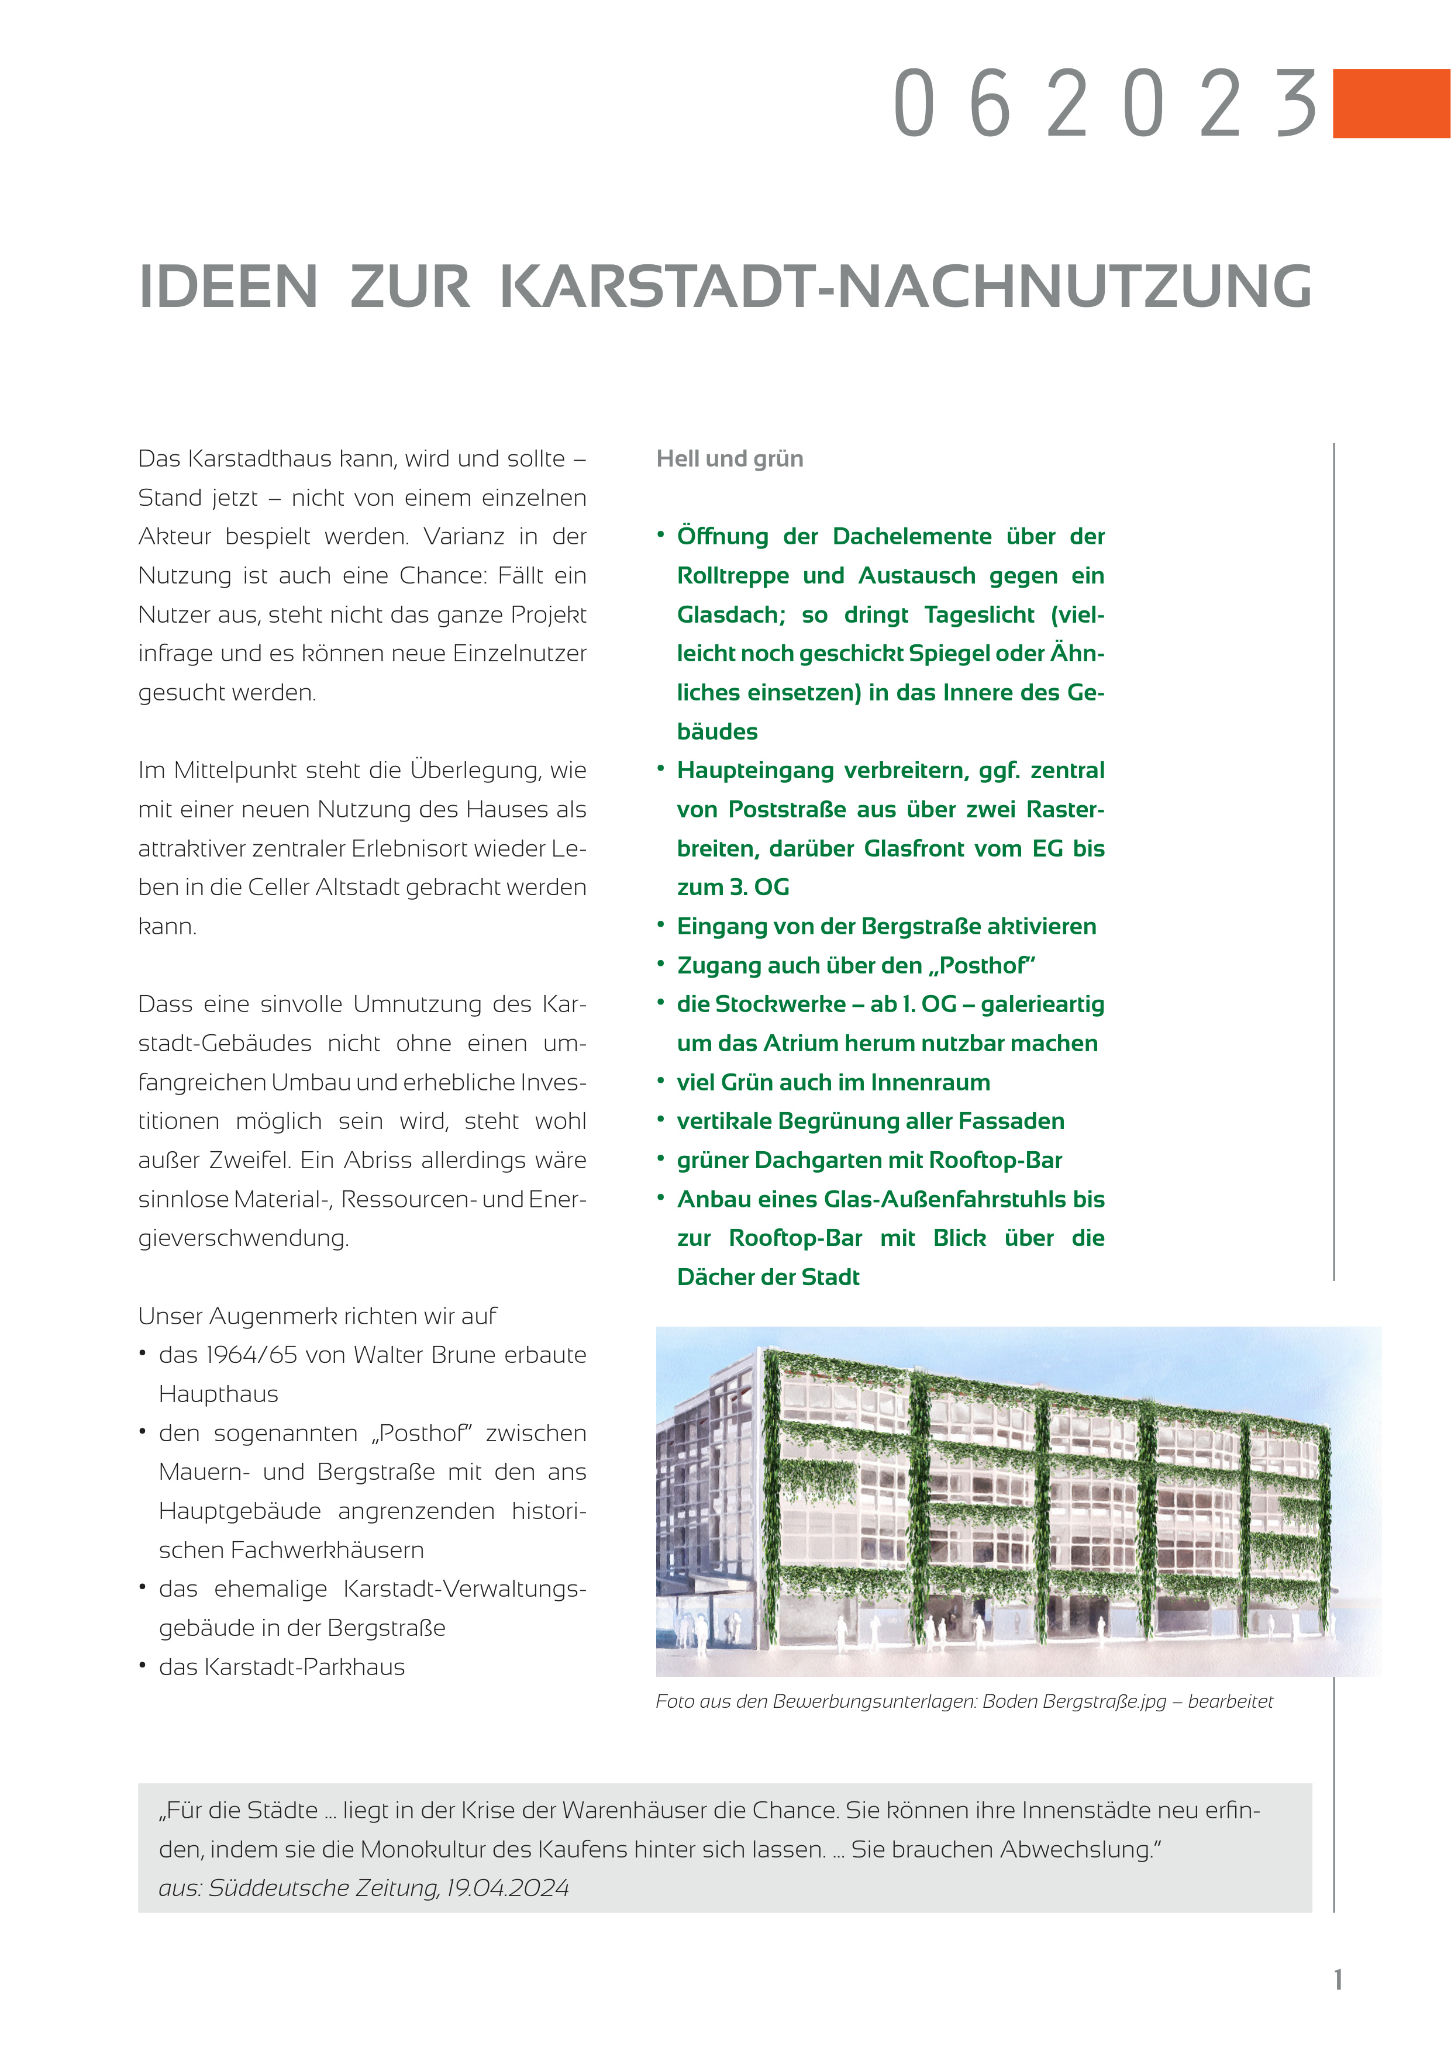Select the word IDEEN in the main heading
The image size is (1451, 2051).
pyautogui.click(x=229, y=288)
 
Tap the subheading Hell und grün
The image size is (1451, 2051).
pyautogui.click(x=729, y=459)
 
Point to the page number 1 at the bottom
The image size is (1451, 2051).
pyautogui.click(x=1338, y=1980)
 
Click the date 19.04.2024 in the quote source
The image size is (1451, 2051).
pyautogui.click(x=508, y=1888)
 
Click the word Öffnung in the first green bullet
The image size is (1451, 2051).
pyautogui.click(x=723, y=537)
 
